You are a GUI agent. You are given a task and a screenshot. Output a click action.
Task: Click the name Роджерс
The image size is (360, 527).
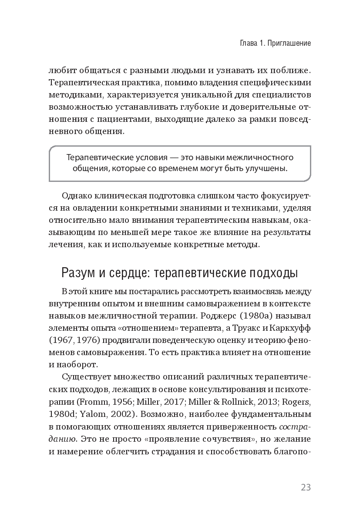[x=244, y=314]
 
